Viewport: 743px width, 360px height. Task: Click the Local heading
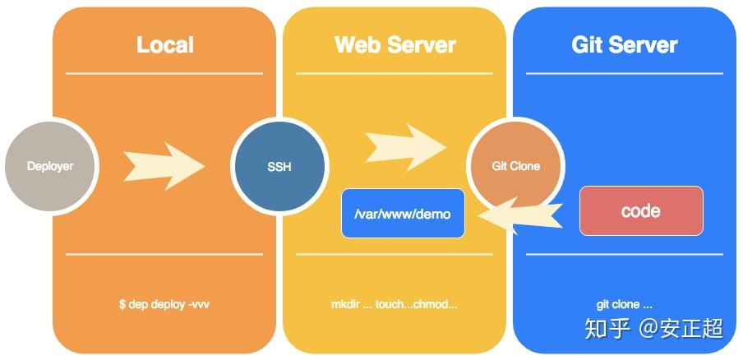tap(164, 44)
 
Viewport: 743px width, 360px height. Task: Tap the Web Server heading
tap(395, 44)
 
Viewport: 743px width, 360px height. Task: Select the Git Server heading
tap(625, 44)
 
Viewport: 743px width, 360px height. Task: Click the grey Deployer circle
tap(50, 166)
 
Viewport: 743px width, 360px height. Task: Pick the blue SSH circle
tap(279, 167)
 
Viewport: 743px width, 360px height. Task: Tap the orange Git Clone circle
tap(515, 166)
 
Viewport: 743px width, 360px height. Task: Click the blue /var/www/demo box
tap(403, 214)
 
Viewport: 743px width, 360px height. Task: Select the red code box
tap(641, 211)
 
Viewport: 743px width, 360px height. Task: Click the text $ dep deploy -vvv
tap(164, 304)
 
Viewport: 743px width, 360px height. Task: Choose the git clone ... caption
tap(625, 304)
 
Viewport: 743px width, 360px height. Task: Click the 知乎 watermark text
tap(607, 329)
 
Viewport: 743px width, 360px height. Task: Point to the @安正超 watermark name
tap(681, 329)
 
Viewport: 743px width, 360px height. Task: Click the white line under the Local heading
tap(164, 73)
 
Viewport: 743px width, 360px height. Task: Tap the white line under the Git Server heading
tap(625, 73)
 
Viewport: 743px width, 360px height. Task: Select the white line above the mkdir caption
tap(395, 254)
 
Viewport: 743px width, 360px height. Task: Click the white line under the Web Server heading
tap(395, 73)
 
